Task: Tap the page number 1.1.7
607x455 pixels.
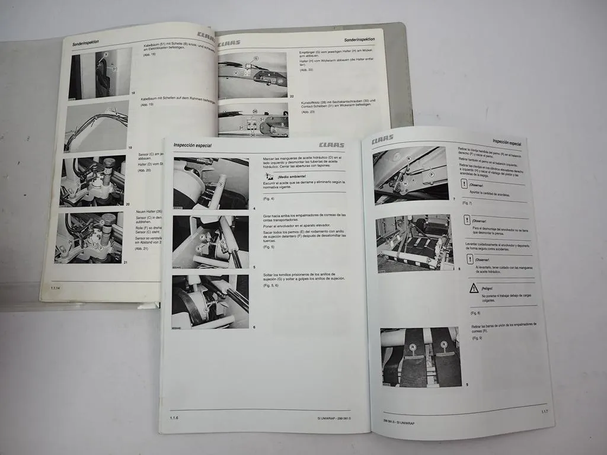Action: [544, 411]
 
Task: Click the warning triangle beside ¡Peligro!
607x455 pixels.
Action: [474, 288]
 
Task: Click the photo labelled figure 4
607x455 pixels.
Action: [210, 183]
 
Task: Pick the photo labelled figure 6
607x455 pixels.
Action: [210, 301]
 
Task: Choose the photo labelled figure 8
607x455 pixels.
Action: [415, 242]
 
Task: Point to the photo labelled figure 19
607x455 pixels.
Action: [97, 126]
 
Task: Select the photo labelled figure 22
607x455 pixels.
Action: [253, 75]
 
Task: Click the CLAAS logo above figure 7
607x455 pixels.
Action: [382, 140]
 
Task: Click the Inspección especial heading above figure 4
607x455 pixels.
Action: [192, 146]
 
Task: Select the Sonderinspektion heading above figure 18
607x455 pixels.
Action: [85, 43]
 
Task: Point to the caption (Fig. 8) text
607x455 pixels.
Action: [475, 313]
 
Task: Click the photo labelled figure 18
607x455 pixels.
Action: [100, 73]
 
